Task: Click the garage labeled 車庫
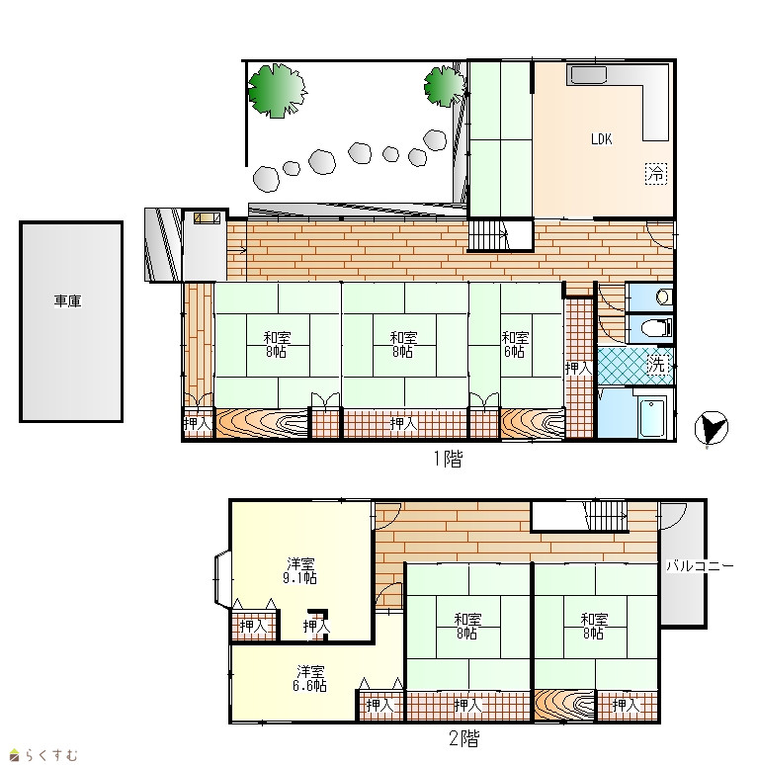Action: [x=71, y=321]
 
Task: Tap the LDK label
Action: [x=601, y=139]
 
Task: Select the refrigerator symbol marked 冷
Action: [x=656, y=173]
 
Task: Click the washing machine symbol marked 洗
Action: [x=657, y=365]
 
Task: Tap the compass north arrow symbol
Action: [x=712, y=428]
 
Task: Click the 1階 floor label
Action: [x=448, y=459]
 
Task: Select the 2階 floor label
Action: [x=463, y=738]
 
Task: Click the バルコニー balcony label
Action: [x=700, y=566]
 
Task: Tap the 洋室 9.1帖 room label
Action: [x=300, y=571]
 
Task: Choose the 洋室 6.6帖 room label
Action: [x=309, y=679]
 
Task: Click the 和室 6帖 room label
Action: [x=515, y=344]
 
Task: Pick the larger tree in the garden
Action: [x=277, y=91]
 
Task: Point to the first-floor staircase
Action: [x=488, y=235]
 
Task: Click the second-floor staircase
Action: [x=607, y=516]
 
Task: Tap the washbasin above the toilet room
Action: [x=663, y=297]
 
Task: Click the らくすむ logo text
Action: [x=50, y=755]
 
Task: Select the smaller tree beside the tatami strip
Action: [x=444, y=86]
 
